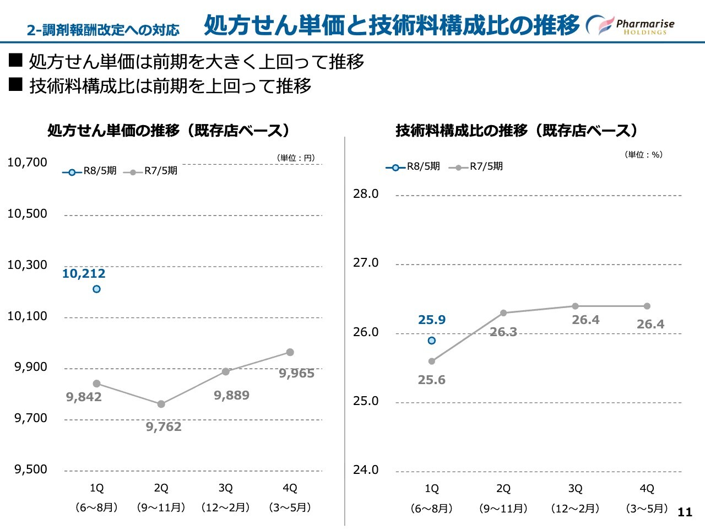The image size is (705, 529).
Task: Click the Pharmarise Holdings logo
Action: click(631, 25)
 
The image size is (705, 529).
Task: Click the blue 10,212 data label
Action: click(84, 273)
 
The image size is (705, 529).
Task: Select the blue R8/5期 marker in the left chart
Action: click(96, 289)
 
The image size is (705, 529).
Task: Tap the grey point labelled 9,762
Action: click(161, 404)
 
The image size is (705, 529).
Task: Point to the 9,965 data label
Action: click(296, 374)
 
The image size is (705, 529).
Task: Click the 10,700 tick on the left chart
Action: click(28, 162)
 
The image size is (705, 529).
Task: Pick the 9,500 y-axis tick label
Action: click(31, 469)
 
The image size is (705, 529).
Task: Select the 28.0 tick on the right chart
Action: click(366, 194)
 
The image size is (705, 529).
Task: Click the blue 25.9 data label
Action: click(432, 320)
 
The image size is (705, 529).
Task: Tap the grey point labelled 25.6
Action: click(432, 361)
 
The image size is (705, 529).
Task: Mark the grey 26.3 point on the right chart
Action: click(503, 313)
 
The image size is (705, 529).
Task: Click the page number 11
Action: click(685, 512)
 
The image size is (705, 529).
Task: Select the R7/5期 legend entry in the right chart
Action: click(476, 166)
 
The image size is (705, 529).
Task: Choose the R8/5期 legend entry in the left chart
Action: click(90, 171)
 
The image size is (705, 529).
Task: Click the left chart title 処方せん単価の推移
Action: click(168, 131)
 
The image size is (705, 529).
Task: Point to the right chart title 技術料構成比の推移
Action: click(516, 131)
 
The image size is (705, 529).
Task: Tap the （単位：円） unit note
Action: click(296, 158)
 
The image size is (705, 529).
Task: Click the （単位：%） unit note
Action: click(643, 155)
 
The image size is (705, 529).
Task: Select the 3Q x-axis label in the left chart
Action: click(225, 488)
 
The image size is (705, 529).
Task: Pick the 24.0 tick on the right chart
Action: click(366, 470)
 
